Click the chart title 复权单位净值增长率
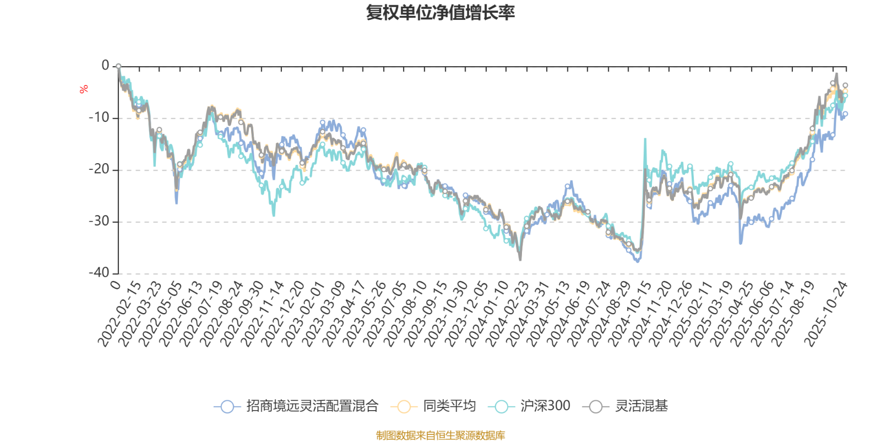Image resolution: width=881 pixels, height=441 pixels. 440,13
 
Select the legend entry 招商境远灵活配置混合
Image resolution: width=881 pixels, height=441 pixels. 312,407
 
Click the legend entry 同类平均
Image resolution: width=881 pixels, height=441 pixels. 449,407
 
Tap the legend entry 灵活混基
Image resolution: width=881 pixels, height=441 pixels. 641,407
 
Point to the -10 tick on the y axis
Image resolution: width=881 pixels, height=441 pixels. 99,118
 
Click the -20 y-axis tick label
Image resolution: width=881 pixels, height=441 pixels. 99,170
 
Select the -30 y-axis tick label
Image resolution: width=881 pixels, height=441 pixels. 99,222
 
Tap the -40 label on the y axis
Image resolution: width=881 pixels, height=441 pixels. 99,273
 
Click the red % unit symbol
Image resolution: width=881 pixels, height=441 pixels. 84,89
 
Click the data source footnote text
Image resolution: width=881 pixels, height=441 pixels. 440,435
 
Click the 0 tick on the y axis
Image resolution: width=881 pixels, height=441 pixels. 105,66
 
